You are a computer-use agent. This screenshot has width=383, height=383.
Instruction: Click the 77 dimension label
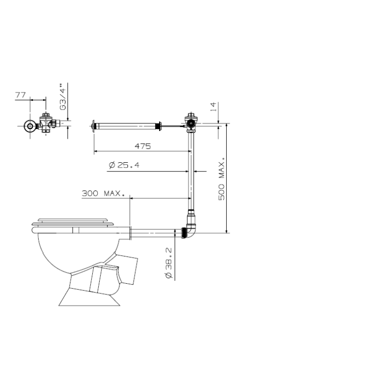pyautogui.click(x=20, y=95)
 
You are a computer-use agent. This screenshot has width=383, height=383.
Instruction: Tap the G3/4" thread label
pyautogui.click(x=63, y=97)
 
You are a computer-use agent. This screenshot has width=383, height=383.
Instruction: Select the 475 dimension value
pyautogui.click(x=143, y=146)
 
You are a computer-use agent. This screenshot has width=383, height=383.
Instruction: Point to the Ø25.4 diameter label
pyautogui.click(x=124, y=165)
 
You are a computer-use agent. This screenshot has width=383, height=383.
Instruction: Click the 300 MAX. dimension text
pyautogui.click(x=103, y=194)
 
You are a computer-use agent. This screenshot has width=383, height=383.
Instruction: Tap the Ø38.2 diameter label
pyautogui.click(x=169, y=263)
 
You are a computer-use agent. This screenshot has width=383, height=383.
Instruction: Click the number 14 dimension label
pyautogui.click(x=213, y=107)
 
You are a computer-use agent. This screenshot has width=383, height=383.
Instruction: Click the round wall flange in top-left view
pyautogui.click(x=30, y=126)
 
